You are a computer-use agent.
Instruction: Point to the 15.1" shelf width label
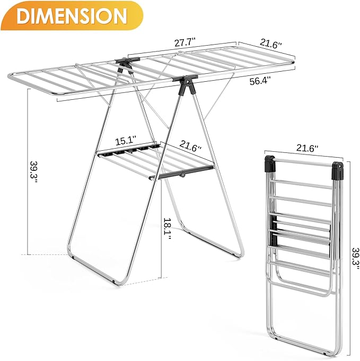pos(126,141)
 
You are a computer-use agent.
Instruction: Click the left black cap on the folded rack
pos(269,165)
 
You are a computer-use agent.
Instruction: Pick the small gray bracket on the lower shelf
pos(182,174)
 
